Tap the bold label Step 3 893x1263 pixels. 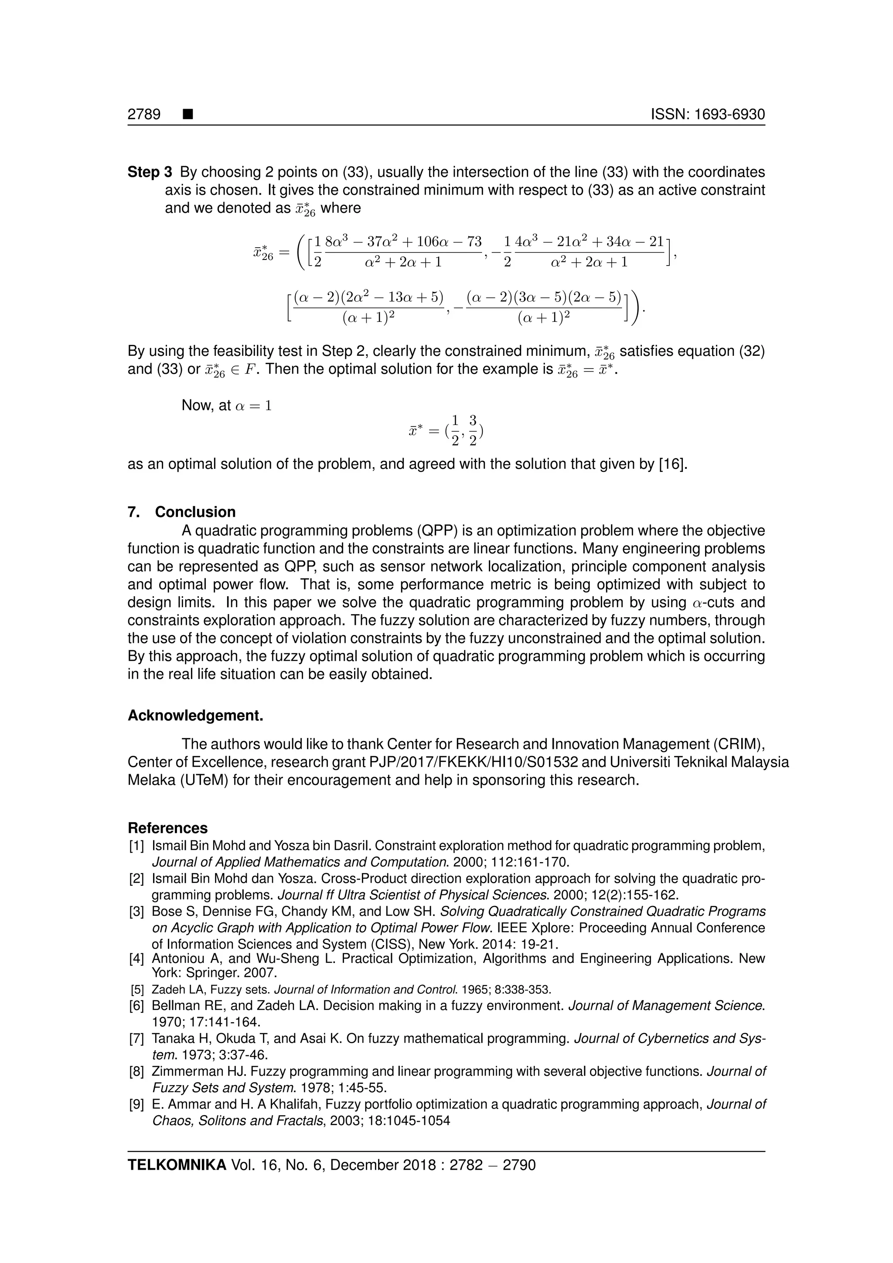pos(150,172)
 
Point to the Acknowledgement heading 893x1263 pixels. pos(195,716)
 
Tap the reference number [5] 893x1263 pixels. pos(137,990)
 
